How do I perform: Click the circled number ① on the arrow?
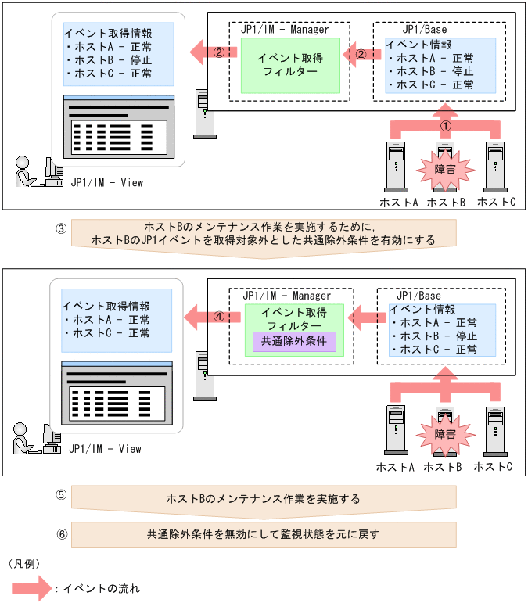pos(445,125)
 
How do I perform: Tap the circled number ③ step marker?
pos(61,228)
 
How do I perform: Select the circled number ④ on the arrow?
pos(220,318)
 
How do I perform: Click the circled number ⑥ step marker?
pos(61,535)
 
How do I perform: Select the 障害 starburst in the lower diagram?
pos(444,431)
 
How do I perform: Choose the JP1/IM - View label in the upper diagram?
pos(105,183)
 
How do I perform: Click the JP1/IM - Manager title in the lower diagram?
pos(286,296)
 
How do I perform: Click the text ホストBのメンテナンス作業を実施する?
pos(264,498)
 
